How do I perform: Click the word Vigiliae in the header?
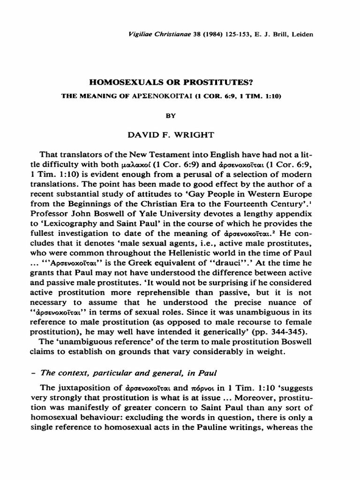coord(137,34)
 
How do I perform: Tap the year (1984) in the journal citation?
coord(193,34)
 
